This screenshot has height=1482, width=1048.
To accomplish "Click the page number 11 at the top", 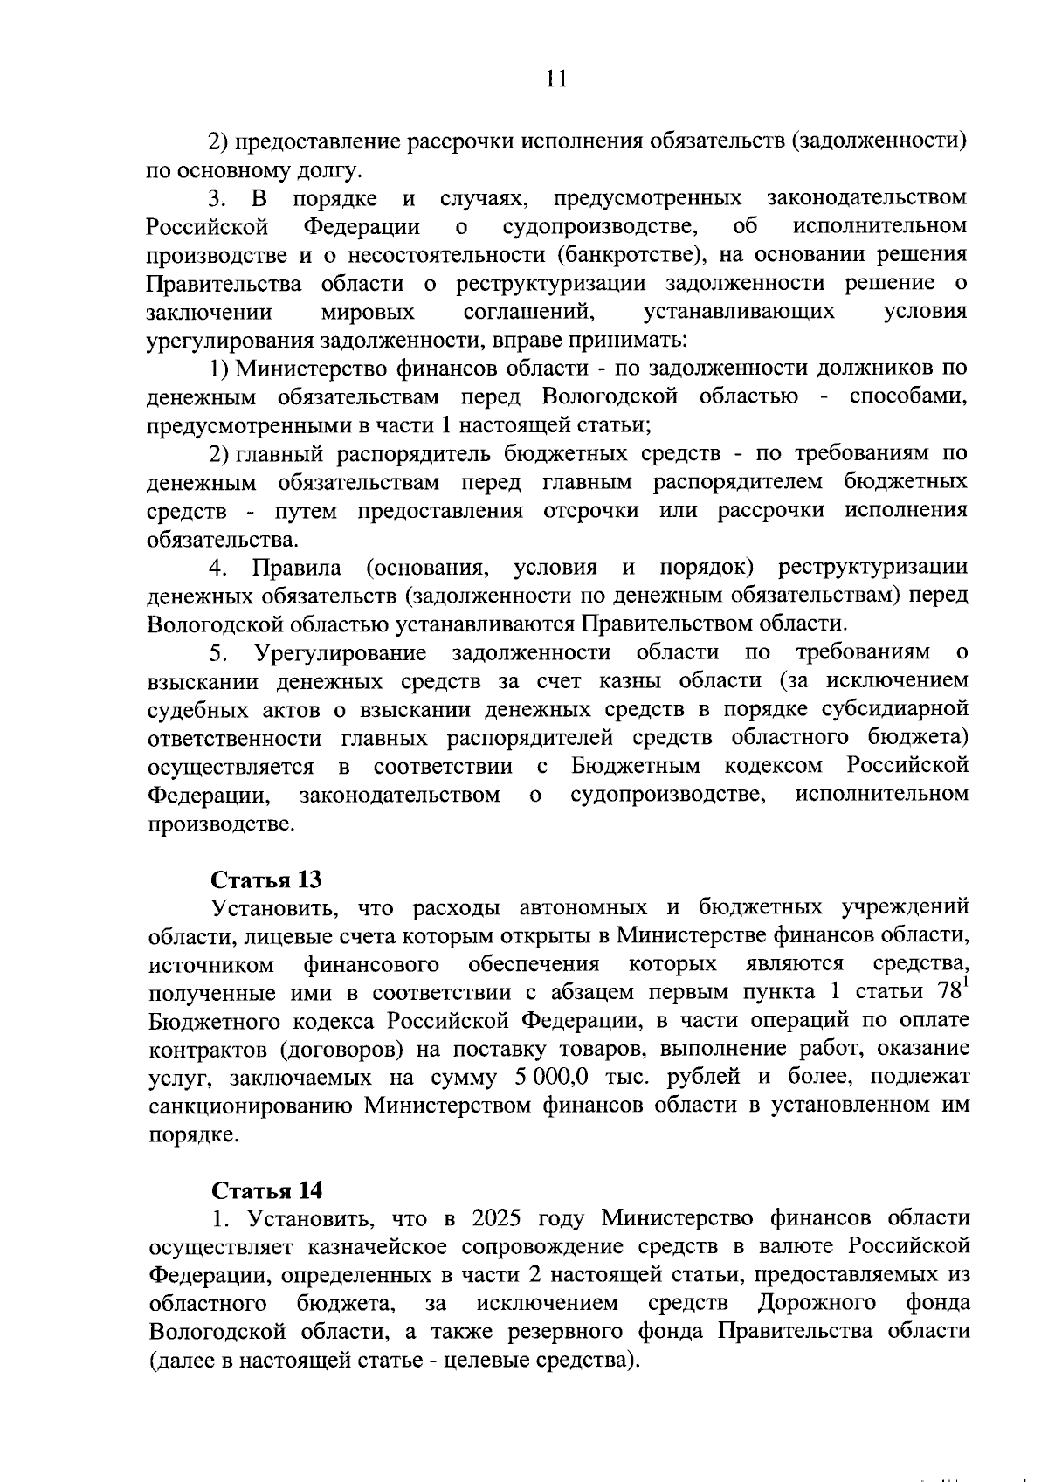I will click(555, 79).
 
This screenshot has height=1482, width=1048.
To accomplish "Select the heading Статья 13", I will click(267, 879).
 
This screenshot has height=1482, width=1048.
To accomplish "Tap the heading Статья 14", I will click(267, 1190).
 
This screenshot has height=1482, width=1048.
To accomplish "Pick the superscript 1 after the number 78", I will click(965, 985).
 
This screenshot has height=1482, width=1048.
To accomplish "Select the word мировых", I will click(368, 312).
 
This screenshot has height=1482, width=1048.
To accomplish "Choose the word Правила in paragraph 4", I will click(297, 568).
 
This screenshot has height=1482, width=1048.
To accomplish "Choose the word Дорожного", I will click(817, 1304).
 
